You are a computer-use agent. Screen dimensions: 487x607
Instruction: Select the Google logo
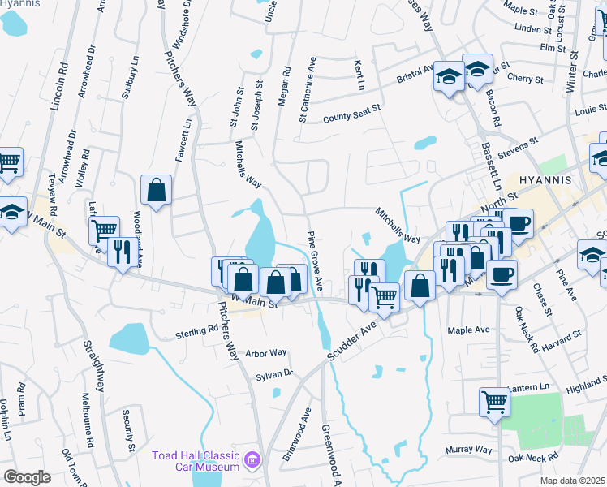(27, 477)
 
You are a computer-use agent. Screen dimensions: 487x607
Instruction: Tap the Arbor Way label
(266, 353)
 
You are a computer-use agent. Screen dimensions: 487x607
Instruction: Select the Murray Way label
(468, 450)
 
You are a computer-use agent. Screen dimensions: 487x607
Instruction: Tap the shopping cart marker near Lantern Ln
(494, 401)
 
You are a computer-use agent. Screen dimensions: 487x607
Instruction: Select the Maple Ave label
(469, 330)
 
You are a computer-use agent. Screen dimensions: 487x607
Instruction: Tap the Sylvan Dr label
(275, 373)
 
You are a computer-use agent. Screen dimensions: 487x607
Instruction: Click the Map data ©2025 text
(573, 481)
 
